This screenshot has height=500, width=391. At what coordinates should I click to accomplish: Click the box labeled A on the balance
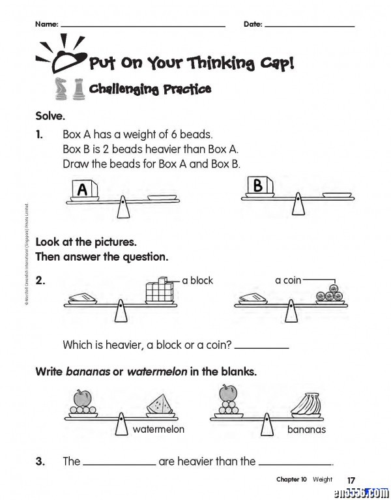tap(83, 190)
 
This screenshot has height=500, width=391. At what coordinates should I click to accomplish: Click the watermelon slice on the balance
tap(160, 405)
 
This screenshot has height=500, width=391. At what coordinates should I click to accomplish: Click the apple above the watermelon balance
tap(81, 397)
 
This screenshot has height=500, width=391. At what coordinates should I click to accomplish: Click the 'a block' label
tap(197, 280)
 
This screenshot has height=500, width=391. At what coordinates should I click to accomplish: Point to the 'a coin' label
tap(288, 280)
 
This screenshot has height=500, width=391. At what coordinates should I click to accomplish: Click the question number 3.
tap(40, 461)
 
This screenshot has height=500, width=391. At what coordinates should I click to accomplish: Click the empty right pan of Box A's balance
tap(159, 197)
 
